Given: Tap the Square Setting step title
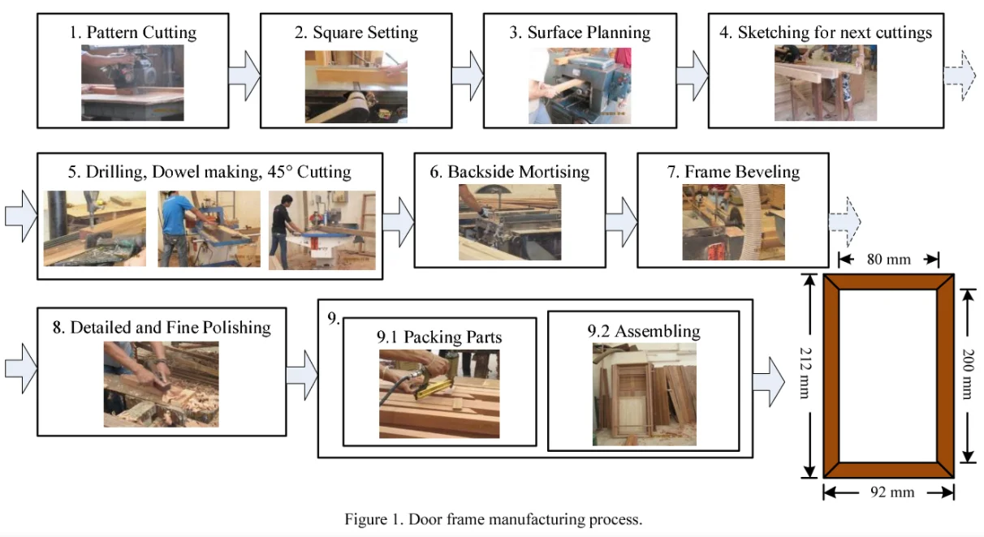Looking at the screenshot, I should (356, 33).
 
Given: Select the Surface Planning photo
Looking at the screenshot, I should (580, 84).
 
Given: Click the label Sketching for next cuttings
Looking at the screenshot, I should (826, 33).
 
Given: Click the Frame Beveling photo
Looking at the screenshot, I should (733, 222).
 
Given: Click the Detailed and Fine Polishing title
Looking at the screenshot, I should (161, 328).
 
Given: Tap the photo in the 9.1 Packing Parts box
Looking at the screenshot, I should (439, 393).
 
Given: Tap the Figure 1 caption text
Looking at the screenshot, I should (493, 519).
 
